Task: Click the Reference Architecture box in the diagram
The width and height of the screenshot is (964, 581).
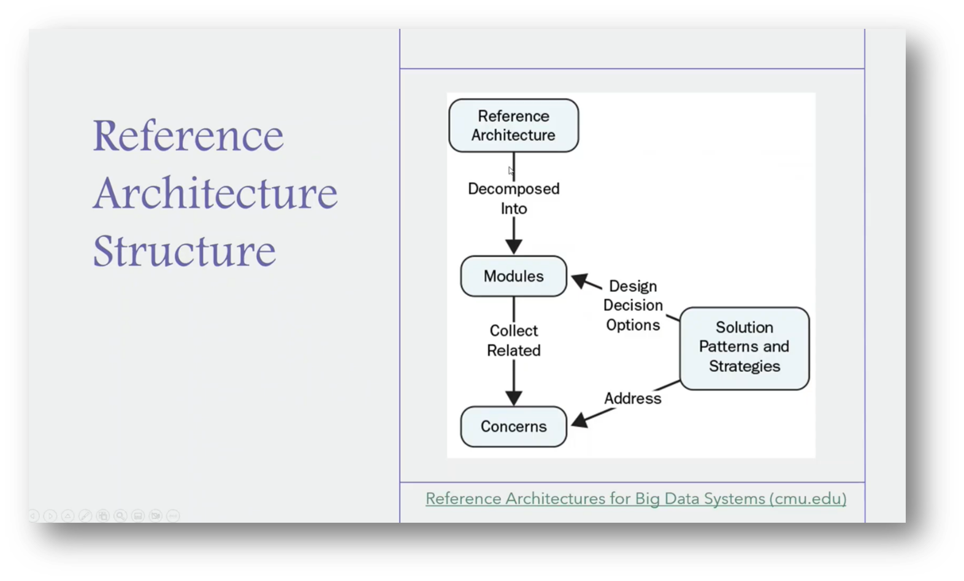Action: [513, 126]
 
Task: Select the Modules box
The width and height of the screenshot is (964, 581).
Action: [513, 276]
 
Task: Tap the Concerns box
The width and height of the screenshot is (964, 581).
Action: [513, 426]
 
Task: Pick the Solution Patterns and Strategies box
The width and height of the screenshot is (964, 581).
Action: [744, 347]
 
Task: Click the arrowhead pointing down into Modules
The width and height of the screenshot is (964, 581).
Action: [513, 246]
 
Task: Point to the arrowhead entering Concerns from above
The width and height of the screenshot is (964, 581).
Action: [513, 397]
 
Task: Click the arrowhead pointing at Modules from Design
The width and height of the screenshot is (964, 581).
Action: [580, 281]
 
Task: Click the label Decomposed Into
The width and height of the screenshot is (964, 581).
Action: [513, 198]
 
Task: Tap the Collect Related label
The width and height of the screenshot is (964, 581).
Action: [513, 341]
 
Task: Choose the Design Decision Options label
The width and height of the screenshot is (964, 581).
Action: [633, 306]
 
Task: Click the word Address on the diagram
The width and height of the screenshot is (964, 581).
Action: [632, 398]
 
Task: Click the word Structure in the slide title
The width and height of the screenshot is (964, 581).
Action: [184, 250]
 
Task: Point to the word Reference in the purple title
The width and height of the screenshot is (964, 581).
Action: [188, 136]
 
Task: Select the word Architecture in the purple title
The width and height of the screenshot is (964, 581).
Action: [215, 193]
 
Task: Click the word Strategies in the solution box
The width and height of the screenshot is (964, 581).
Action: [744, 366]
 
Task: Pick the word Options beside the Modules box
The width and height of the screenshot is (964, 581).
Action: [633, 325]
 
